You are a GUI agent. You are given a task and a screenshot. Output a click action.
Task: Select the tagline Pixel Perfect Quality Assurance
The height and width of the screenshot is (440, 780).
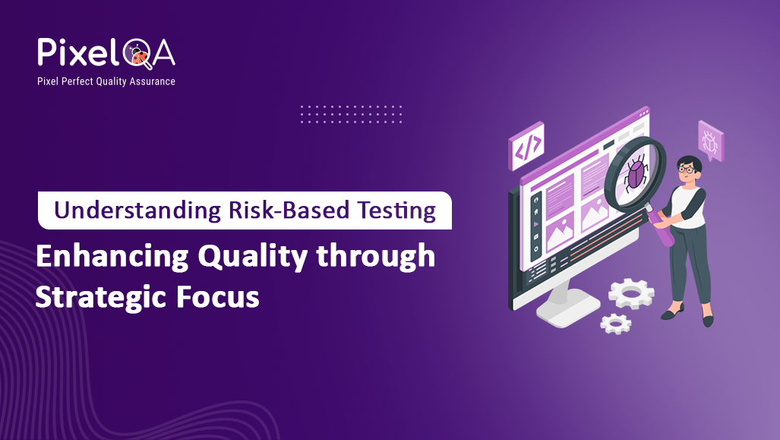[106, 81]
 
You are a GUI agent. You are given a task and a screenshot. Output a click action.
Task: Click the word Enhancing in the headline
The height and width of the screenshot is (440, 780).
[112, 257]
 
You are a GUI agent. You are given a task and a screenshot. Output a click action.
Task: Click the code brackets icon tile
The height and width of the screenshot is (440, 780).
[528, 145]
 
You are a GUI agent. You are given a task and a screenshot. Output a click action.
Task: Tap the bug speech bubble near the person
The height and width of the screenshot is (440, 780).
[710, 141]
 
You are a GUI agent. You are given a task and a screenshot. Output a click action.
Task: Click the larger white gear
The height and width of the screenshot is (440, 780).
[631, 292]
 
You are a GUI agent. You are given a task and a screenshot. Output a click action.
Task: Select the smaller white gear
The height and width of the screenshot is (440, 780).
[615, 323]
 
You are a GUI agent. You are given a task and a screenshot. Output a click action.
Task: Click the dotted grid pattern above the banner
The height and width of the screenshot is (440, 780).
[351, 114]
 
